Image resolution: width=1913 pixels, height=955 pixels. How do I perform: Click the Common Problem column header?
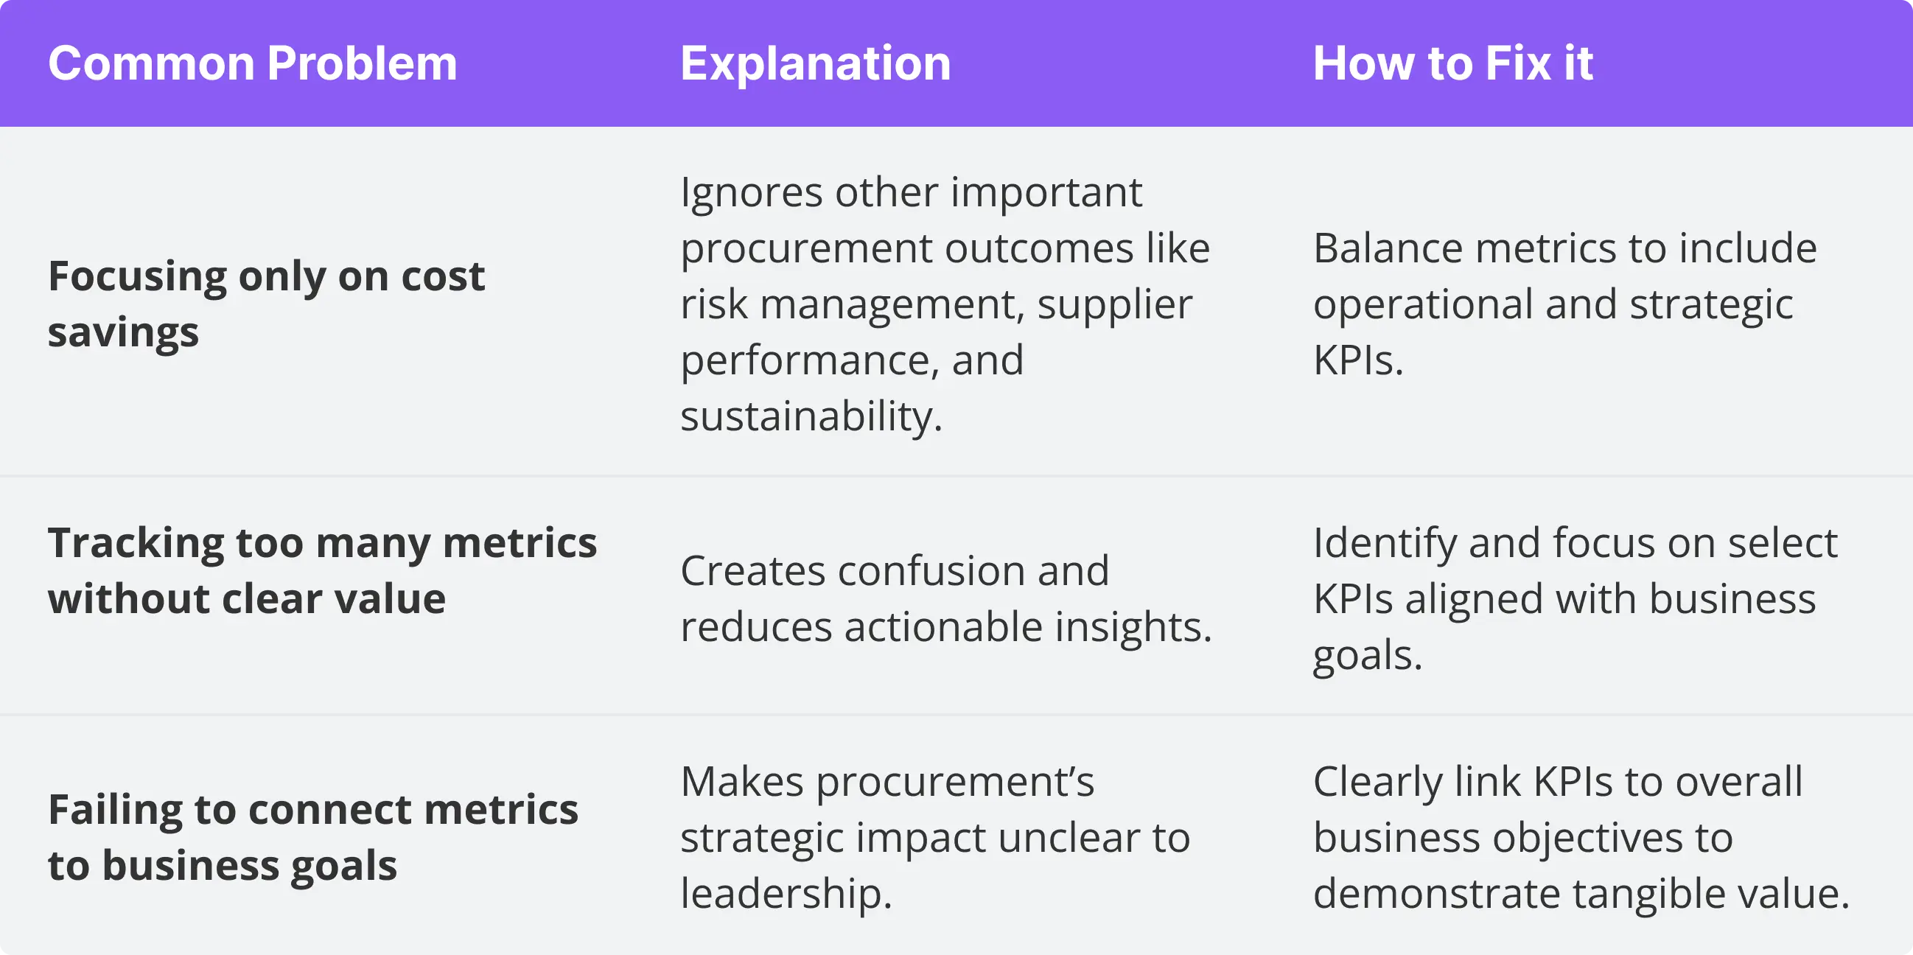(253, 64)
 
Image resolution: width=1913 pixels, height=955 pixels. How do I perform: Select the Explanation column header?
(815, 64)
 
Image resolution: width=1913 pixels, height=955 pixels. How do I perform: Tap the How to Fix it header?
(1452, 64)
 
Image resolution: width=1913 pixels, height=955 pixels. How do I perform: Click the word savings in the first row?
(123, 333)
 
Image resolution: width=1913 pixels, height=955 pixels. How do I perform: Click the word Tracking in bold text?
(135, 545)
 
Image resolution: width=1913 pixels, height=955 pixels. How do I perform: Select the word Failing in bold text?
(115, 810)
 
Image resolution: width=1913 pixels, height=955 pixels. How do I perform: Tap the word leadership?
(785, 894)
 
